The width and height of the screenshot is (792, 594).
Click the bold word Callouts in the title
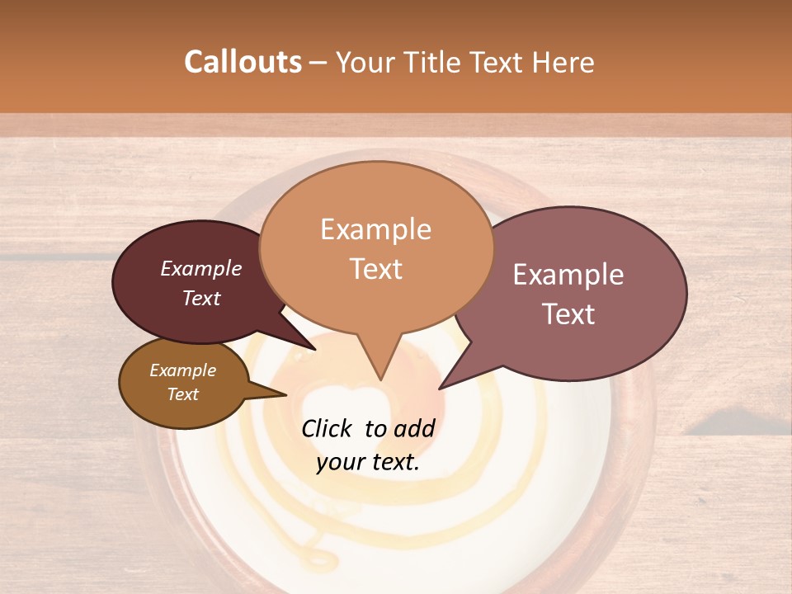click(243, 62)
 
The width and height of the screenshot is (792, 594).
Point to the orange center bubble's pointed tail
click(379, 367)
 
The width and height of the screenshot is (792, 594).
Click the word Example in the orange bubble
click(376, 229)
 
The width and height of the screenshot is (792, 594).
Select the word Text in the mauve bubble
click(569, 314)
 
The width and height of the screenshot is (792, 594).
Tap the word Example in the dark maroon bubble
click(201, 269)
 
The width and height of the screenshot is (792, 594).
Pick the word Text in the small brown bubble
click(183, 394)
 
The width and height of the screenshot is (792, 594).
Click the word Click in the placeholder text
click(329, 428)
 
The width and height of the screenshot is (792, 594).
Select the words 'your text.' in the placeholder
click(368, 462)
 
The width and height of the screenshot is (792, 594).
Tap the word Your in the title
click(365, 62)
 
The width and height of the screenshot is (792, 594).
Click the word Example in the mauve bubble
click(568, 275)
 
